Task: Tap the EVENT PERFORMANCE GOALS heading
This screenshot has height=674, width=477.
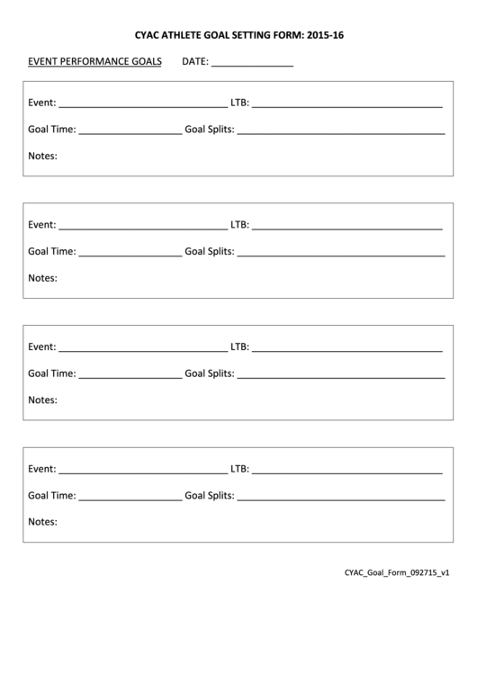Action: click(94, 62)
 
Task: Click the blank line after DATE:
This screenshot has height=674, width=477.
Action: click(252, 65)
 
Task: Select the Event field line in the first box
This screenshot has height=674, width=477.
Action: click(142, 104)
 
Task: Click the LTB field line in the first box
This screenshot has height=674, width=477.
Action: click(346, 104)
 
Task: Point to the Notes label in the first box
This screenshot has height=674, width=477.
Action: click(42, 156)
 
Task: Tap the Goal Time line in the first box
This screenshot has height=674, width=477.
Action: click(130, 131)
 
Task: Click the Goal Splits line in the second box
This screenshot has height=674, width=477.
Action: click(341, 254)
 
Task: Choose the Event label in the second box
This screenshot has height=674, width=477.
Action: click(41, 224)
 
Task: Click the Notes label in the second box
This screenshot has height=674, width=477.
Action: click(42, 278)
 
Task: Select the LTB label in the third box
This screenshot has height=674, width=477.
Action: click(238, 346)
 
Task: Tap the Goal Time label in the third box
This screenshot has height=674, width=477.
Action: click(51, 373)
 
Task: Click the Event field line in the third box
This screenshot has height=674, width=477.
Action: click(142, 348)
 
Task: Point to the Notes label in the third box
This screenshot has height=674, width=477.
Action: click(42, 400)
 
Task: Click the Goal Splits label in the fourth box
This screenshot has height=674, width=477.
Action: click(209, 495)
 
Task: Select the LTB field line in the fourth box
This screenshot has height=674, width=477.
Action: click(346, 471)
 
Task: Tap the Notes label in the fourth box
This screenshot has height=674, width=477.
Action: click(42, 521)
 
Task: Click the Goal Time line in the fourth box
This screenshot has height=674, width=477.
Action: click(130, 498)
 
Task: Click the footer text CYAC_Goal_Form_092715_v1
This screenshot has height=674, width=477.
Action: click(396, 572)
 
